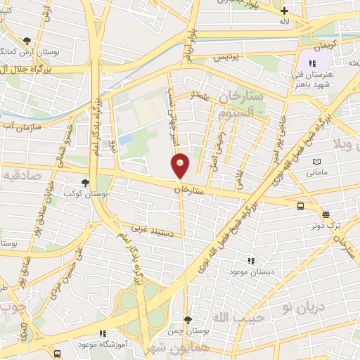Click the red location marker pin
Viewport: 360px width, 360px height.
[x=181, y=165]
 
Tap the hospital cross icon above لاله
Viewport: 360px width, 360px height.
[x=284, y=11]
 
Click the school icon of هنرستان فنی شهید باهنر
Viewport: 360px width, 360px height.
[x=312, y=64]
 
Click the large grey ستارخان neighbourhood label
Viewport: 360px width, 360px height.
[x=238, y=94]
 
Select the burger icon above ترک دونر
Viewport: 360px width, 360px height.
[x=326, y=215]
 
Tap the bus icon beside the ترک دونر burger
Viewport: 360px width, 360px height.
[x=301, y=206]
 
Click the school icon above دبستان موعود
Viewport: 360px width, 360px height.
[x=247, y=259]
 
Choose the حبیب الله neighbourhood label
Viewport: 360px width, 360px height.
[x=231, y=320]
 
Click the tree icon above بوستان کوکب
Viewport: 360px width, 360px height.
[x=85, y=182]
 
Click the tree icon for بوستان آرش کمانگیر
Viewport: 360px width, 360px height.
[x=27, y=41]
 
